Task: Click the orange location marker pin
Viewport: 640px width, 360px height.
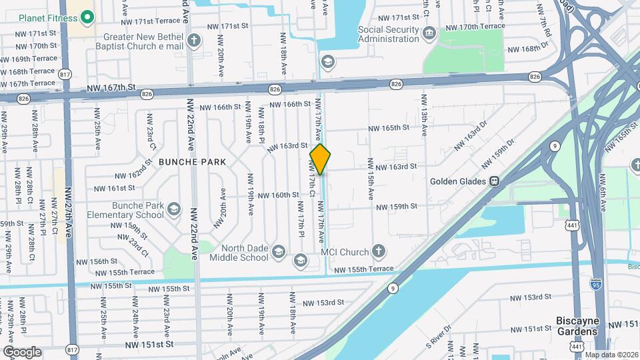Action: (x=320, y=159)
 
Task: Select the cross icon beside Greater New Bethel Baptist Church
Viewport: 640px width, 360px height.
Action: (x=194, y=41)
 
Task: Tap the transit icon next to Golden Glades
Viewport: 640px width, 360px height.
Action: (x=495, y=181)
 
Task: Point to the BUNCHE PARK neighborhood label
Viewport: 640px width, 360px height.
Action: (x=192, y=162)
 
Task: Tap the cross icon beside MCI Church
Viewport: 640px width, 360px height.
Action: (x=379, y=251)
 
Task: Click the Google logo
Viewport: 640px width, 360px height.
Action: (x=22, y=352)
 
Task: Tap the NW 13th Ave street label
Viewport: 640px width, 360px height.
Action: (x=423, y=116)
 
